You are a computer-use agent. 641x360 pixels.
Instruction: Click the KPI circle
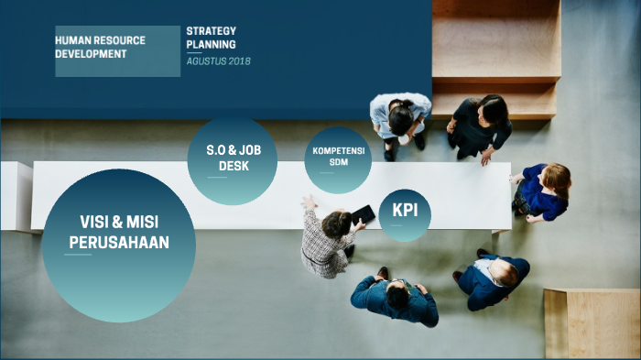click(x=405, y=213)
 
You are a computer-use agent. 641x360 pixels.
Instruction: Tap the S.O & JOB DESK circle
click(x=234, y=160)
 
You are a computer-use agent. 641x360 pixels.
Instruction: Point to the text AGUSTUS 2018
click(x=218, y=61)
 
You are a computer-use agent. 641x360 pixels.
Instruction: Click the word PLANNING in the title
click(x=211, y=44)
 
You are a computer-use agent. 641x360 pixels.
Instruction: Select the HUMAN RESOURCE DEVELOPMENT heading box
click(x=117, y=50)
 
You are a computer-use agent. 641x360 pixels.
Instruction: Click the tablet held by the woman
click(x=363, y=214)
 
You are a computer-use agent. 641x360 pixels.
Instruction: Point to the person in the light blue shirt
click(x=400, y=119)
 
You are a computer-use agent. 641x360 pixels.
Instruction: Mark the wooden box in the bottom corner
click(x=592, y=322)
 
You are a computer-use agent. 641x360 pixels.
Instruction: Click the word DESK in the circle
click(x=234, y=167)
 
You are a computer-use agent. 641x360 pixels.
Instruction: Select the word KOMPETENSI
click(x=338, y=150)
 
